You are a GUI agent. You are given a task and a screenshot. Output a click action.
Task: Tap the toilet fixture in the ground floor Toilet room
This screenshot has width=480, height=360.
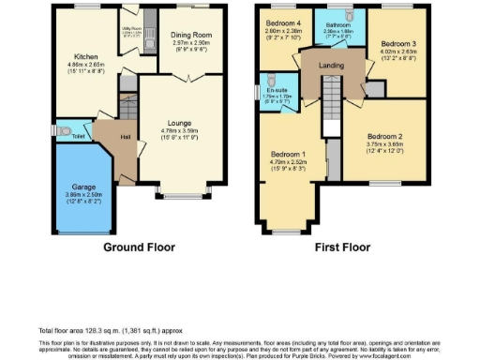[x=61, y=130]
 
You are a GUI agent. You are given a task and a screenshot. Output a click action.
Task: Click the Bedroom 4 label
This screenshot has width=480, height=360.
[x=282, y=22]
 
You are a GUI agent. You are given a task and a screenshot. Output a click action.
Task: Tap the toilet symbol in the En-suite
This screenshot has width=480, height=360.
[x=268, y=81]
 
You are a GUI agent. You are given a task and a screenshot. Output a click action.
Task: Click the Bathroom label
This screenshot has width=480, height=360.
[x=338, y=23]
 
